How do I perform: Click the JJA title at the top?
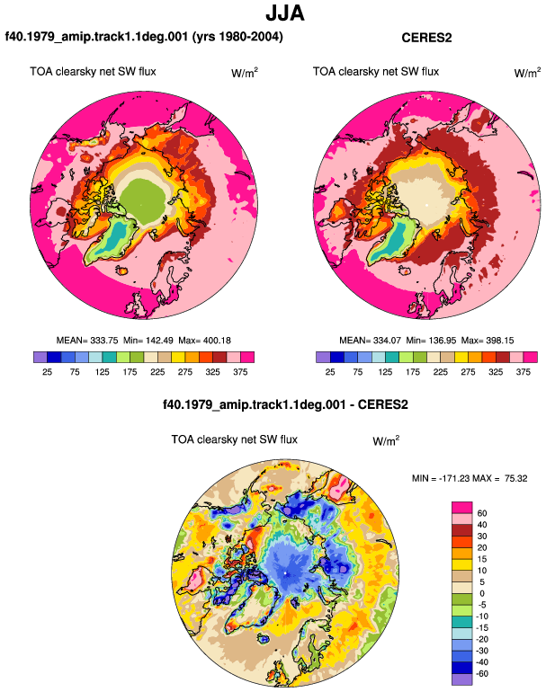285,13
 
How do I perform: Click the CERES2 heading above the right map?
426,38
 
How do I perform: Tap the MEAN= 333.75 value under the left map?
87,341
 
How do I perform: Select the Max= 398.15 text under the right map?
488,341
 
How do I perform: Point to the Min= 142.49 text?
148,341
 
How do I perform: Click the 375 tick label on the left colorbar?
240,372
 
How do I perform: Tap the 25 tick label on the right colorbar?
330,372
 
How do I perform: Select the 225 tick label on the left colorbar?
157,372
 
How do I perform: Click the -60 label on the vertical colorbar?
482,673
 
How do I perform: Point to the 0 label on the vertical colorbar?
482,593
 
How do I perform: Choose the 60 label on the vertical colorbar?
482,513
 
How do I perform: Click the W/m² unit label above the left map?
245,73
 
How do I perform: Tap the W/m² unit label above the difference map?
386,440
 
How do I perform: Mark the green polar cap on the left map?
143,198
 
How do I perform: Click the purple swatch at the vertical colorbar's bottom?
462,679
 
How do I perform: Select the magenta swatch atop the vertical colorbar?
462,508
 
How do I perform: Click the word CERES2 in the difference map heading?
383,404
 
